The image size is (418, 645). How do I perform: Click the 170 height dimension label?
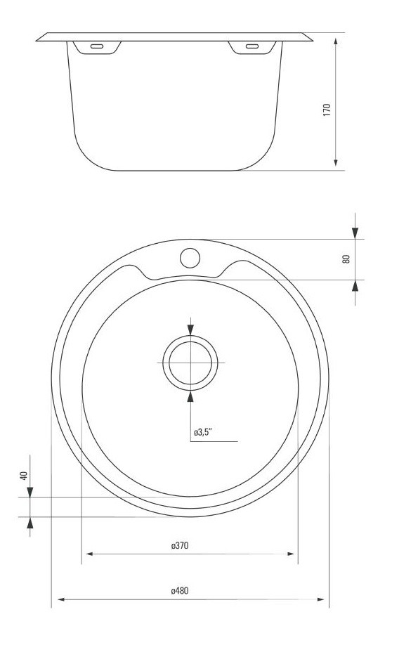tap(327, 110)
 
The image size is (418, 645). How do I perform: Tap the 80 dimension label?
tap(346, 259)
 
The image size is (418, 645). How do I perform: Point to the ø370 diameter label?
tap(180, 546)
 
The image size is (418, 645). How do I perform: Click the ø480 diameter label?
tap(180, 591)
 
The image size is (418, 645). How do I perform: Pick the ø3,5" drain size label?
tap(203, 432)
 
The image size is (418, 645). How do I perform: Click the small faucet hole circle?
tap(190, 258)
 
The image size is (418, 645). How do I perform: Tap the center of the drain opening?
tap(190, 363)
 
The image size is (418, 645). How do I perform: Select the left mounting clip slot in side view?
tap(97, 46)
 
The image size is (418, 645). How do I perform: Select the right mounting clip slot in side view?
tap(252, 46)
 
